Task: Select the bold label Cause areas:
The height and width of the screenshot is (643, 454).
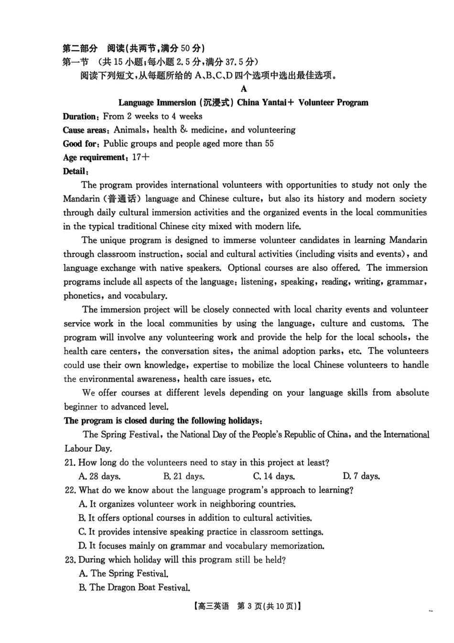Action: point(86,130)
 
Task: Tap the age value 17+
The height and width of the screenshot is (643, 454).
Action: point(141,157)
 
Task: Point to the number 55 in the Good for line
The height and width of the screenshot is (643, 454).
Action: point(269,143)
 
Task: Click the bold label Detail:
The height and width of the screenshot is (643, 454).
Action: point(76,171)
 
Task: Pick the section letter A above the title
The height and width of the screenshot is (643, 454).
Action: point(244,89)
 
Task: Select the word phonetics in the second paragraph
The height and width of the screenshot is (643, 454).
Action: point(82,296)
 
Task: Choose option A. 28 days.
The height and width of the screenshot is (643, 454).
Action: point(99,476)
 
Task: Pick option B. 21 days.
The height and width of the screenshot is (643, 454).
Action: point(184,476)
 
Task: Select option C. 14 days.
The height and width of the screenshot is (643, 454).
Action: point(274,476)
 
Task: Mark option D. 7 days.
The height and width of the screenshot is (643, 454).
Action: point(361,476)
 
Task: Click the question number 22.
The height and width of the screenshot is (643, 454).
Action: point(70,490)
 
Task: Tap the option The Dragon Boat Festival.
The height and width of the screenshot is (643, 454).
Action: point(135,588)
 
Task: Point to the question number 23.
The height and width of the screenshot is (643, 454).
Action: point(70,559)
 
